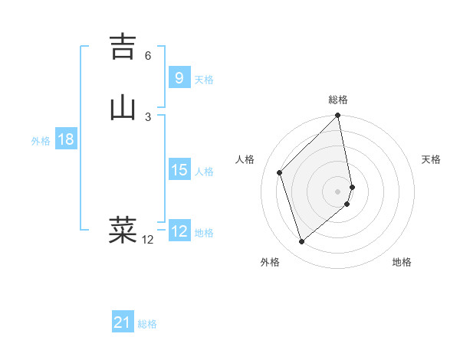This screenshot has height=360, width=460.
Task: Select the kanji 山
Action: tap(123, 107)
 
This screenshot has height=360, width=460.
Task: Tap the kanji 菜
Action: tap(123, 229)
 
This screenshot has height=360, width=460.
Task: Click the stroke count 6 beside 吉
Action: tap(148, 56)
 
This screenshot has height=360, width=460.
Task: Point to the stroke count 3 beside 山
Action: tap(148, 116)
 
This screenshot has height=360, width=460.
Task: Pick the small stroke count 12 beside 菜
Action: tap(147, 240)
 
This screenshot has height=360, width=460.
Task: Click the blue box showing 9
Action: tap(179, 78)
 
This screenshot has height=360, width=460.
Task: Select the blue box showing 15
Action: tap(179, 170)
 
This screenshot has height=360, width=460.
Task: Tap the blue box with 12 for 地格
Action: tap(179, 231)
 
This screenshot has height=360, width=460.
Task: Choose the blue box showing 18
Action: tap(66, 139)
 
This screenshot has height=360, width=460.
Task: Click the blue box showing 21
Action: tap(123, 323)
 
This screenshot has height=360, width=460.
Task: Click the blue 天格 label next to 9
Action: tap(204, 80)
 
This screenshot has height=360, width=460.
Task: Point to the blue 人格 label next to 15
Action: tap(204, 172)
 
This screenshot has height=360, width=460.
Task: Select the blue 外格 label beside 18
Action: tap(40, 141)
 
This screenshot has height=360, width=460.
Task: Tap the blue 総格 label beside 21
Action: tap(147, 325)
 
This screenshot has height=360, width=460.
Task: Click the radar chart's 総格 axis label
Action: tap(338, 100)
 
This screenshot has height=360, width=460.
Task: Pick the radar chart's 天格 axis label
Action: tap(431, 159)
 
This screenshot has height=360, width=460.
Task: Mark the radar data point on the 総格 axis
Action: tap(338, 116)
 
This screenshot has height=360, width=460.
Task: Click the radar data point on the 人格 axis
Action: tap(280, 172)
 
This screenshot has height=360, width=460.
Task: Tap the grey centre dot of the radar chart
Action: tap(338, 191)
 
